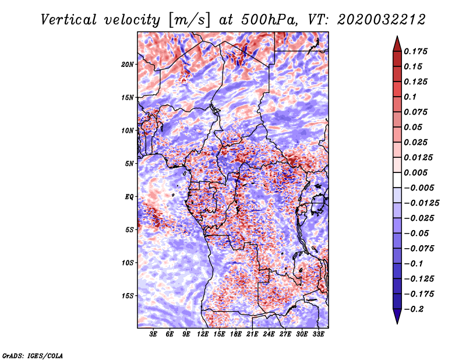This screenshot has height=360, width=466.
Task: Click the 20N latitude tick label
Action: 128,65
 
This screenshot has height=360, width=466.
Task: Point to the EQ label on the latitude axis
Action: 129,197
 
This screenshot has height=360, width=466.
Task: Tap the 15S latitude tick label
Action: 128,296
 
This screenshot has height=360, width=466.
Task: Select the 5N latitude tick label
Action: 129,164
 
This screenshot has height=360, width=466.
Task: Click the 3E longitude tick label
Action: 153,334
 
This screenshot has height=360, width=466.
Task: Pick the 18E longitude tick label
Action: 236,334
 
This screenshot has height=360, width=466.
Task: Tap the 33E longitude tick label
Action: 318,334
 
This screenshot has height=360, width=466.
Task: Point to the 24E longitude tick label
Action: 269,334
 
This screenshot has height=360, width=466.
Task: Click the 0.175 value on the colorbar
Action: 415,51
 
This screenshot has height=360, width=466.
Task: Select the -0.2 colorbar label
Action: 414,309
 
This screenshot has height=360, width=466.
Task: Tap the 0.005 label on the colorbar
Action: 415,172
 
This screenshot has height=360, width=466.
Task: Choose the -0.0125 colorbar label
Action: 422,203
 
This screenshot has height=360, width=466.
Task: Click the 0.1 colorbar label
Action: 410,97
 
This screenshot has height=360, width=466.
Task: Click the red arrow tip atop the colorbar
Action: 397,37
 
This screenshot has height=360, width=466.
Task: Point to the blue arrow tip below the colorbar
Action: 397,323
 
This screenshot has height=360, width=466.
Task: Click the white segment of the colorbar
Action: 397,180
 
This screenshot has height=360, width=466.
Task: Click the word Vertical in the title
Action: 69,20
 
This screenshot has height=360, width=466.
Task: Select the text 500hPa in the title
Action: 269,20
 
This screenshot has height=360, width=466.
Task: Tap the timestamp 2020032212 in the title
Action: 382,20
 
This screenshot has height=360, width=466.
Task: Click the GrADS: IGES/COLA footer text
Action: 33,356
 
